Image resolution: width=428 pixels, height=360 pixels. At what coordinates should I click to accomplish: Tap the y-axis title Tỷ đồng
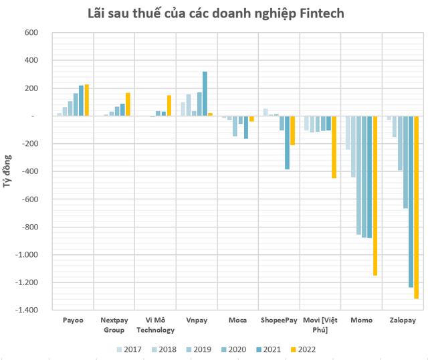click(x=7, y=171)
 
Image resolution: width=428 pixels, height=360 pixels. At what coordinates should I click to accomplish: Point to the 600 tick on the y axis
click(x=29, y=32)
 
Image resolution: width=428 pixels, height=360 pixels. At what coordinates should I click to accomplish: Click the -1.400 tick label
click(x=25, y=310)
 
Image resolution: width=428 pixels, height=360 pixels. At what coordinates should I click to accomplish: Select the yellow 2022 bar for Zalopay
click(x=416, y=207)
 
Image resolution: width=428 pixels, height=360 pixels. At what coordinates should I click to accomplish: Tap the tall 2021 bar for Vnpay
click(x=205, y=94)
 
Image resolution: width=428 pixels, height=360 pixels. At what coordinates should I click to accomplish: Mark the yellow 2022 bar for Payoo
click(x=86, y=100)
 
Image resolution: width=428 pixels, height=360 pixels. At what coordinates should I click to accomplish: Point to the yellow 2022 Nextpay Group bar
click(x=128, y=104)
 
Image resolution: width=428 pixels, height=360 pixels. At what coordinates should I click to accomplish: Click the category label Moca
click(x=237, y=321)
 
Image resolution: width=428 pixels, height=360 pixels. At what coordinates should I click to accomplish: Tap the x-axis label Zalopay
click(x=402, y=321)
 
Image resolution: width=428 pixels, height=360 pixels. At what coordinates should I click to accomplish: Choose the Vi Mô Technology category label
click(x=155, y=325)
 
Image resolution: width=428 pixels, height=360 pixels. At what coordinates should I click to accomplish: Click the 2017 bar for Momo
click(x=348, y=132)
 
